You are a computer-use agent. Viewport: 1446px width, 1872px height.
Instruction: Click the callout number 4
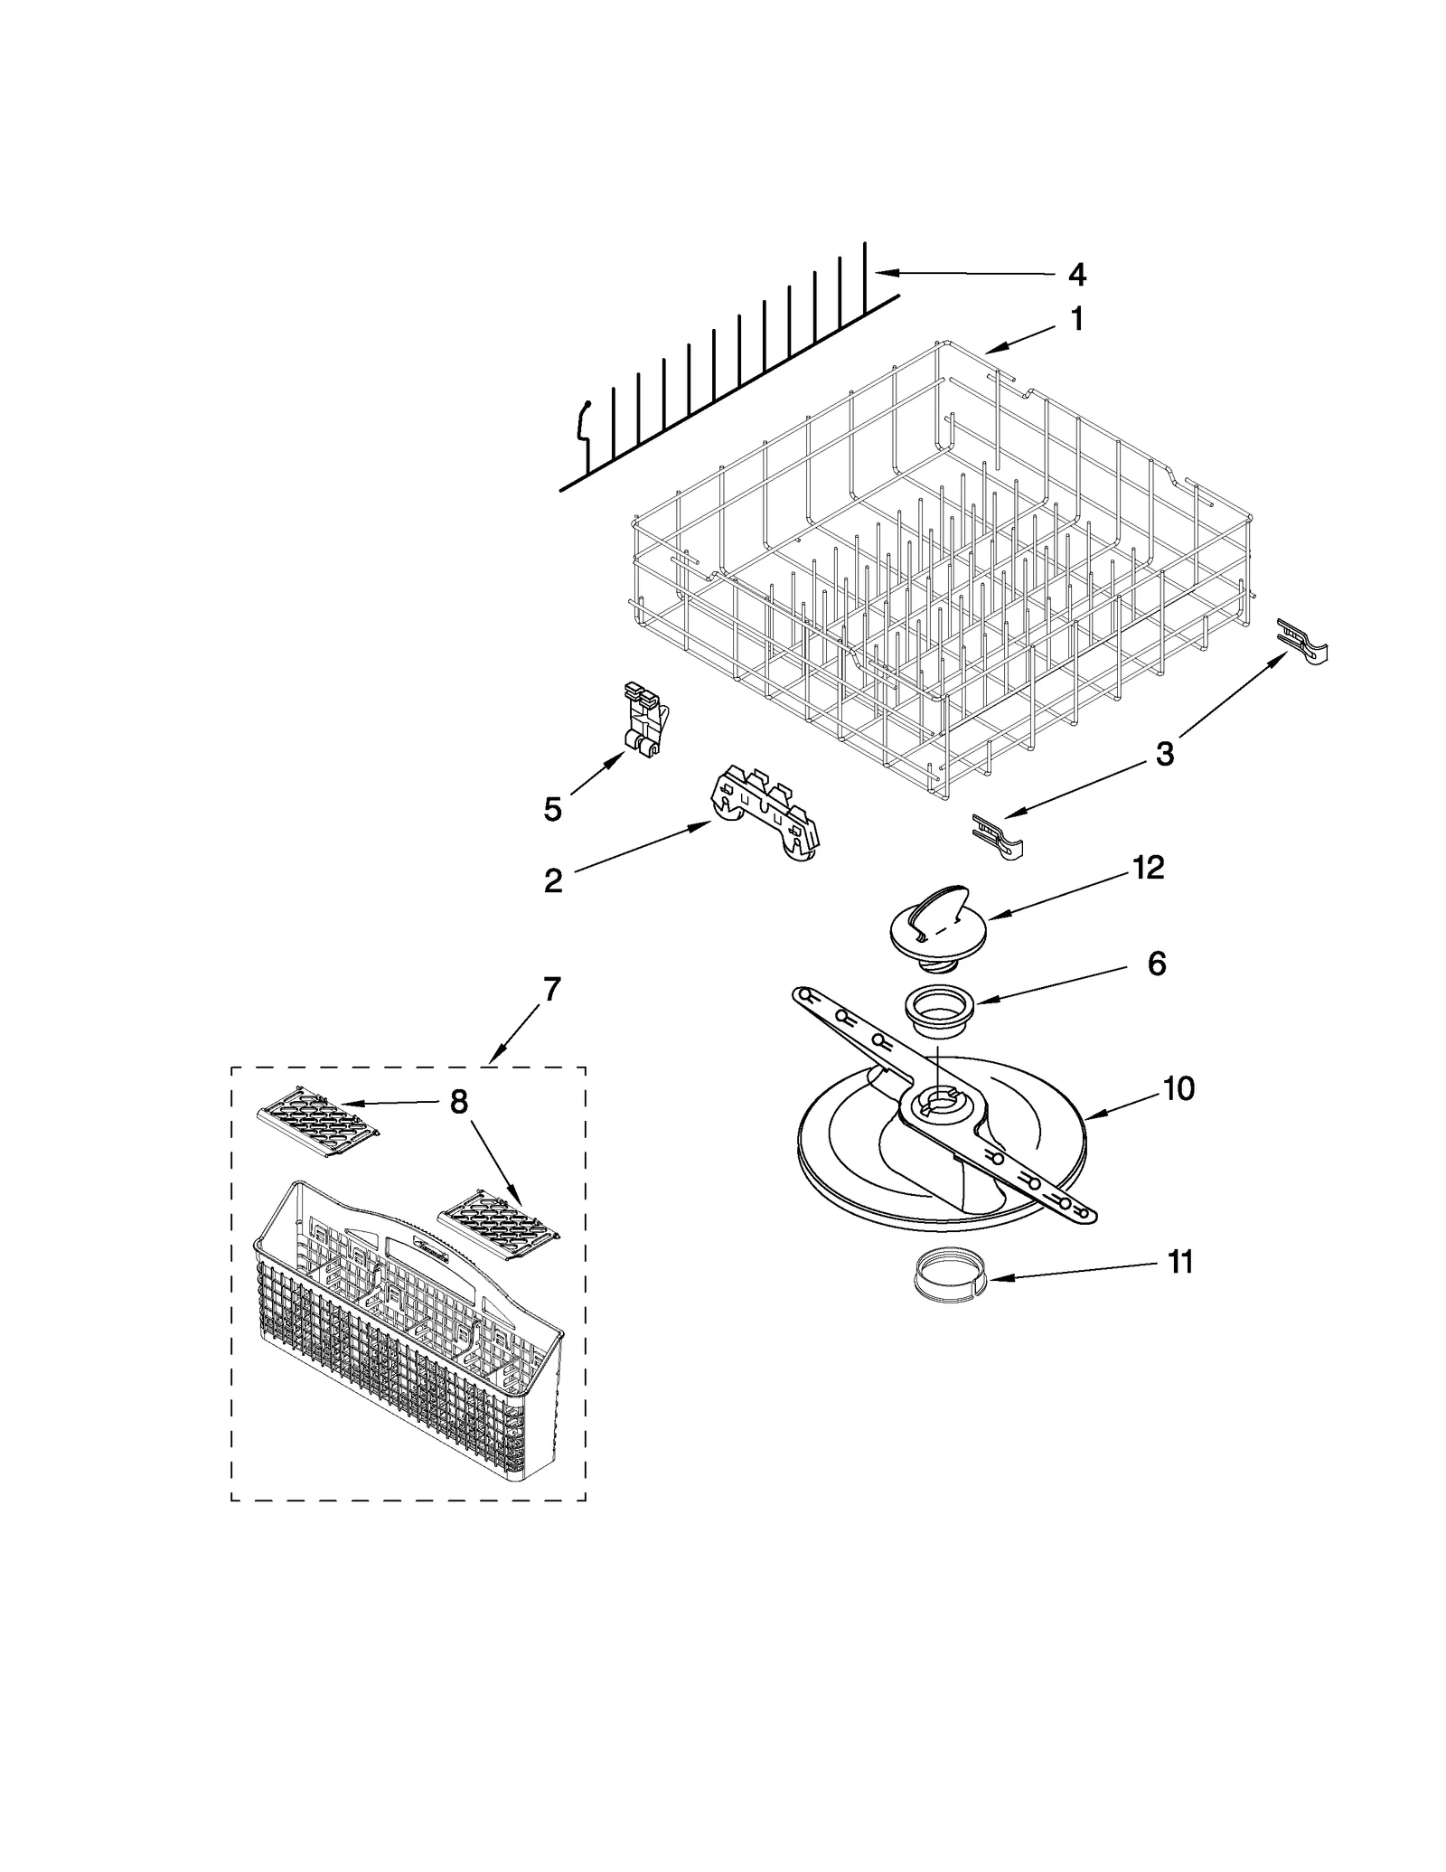(1076, 275)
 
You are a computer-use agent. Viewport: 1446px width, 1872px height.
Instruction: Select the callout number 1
(1076, 319)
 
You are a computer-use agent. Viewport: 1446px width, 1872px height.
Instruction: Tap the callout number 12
(1148, 868)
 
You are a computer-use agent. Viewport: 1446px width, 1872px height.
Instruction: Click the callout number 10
(1178, 1089)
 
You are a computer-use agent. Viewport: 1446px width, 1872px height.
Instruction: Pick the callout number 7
(551, 990)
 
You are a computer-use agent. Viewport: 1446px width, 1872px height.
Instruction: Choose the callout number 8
(459, 1102)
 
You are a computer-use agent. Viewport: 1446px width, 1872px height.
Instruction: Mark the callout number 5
(552, 809)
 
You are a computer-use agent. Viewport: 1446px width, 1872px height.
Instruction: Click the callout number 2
(553, 880)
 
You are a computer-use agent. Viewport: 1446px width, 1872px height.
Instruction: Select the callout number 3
(1165, 753)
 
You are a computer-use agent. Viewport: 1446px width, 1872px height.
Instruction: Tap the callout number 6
(1157, 964)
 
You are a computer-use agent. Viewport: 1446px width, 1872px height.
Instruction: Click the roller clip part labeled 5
(644, 719)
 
